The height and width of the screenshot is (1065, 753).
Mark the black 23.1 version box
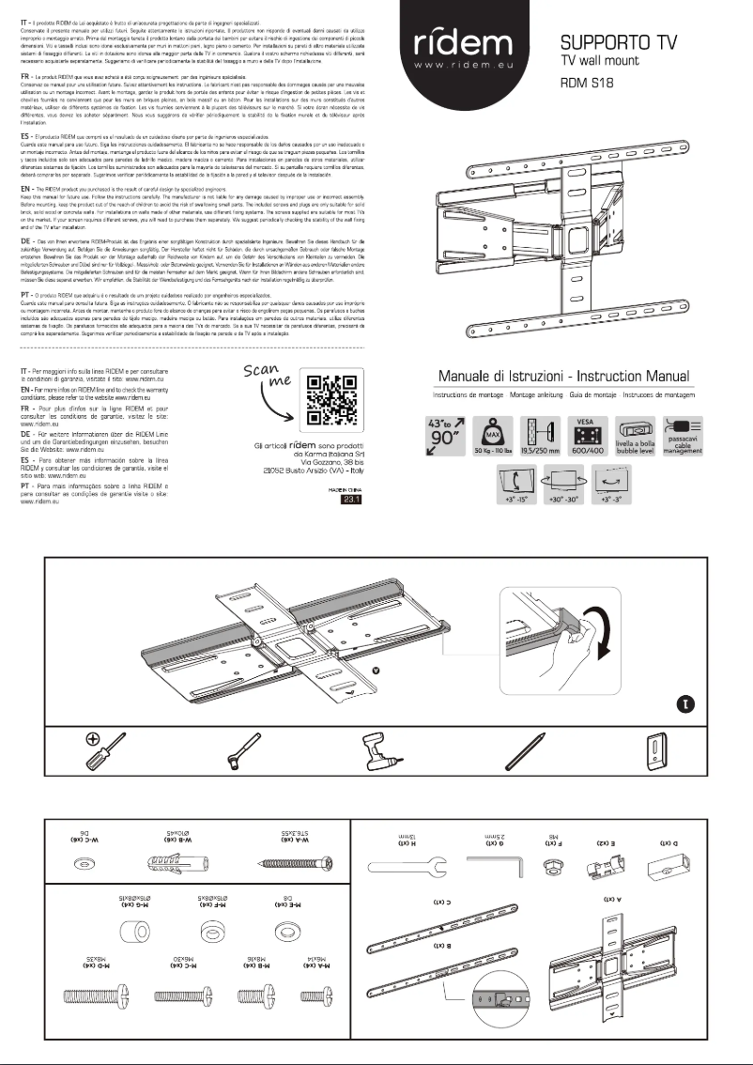click(x=348, y=502)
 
